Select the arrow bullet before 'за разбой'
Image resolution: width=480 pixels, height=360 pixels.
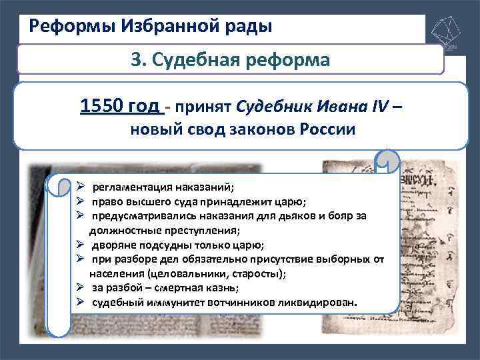click(x=80, y=288)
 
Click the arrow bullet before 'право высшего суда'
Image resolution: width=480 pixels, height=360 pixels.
click(x=80, y=201)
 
